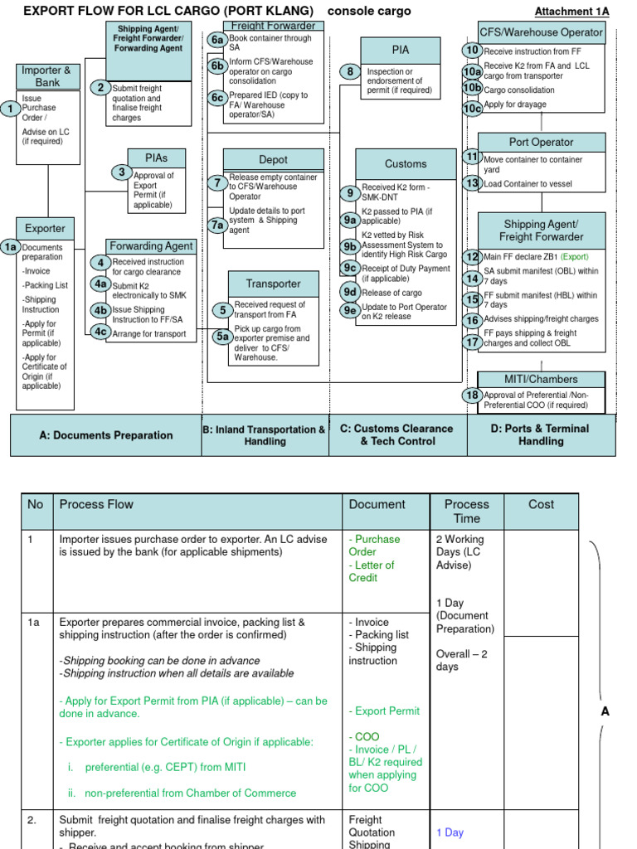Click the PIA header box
pos(400,50)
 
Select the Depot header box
pos(273,159)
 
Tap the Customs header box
pos(406,163)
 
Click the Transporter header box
pos(273,284)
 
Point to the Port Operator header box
pos(541,142)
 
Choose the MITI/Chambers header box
pos(541,379)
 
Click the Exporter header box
pos(45,228)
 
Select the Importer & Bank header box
pos(46,76)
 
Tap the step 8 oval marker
pos(350,72)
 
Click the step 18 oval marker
pos(472,395)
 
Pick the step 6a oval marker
pos(217,40)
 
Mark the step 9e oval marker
pos(350,311)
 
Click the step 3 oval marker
pos(122,172)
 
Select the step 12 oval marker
pos(472,257)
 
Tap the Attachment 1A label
pos(571,12)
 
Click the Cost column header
pos(541,504)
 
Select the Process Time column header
pos(466,511)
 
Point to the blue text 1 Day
pos(450,832)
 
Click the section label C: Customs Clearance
pos(397,434)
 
